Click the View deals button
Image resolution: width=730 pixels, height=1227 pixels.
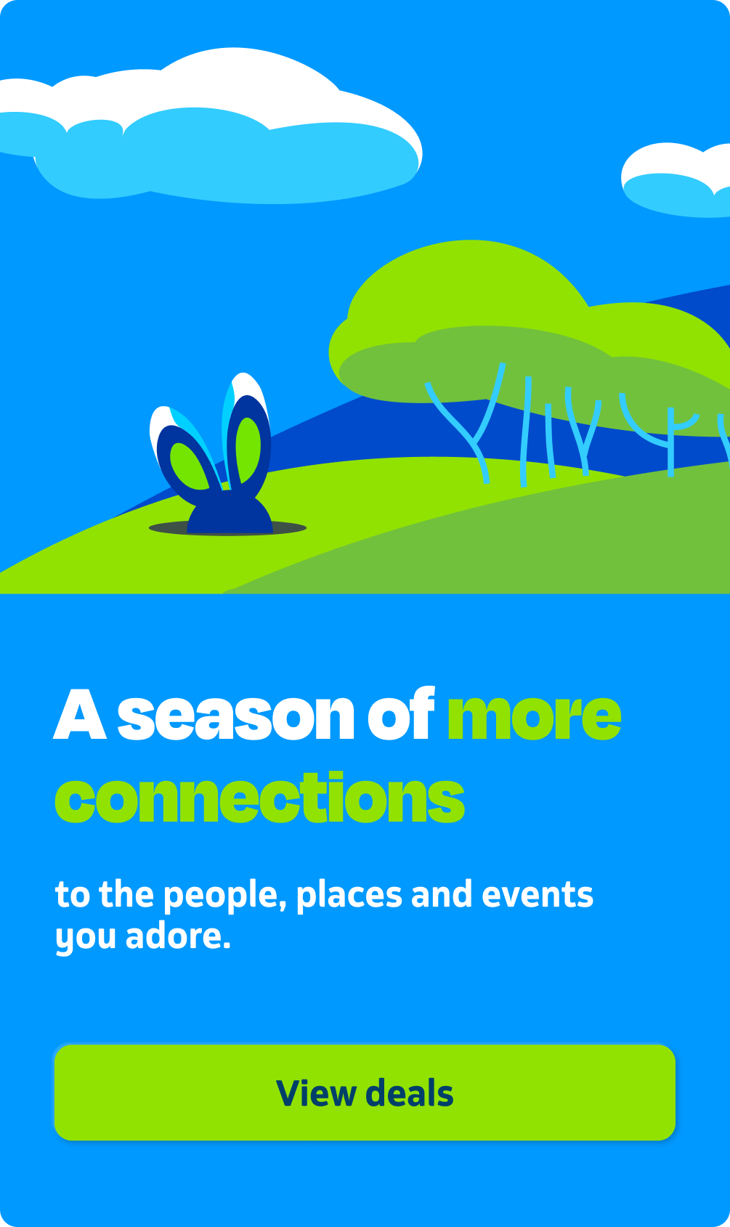pyautogui.click(x=365, y=1093)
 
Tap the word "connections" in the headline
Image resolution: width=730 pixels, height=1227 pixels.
pyautogui.click(x=259, y=797)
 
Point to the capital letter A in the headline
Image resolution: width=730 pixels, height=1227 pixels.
pyautogui.click(x=79, y=713)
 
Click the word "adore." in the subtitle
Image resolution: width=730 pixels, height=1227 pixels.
pyautogui.click(x=178, y=936)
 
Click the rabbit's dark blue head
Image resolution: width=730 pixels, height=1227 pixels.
pyautogui.click(x=230, y=512)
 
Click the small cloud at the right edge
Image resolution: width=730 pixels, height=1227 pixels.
pyautogui.click(x=677, y=181)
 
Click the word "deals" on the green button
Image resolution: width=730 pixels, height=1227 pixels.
pyautogui.click(x=410, y=1093)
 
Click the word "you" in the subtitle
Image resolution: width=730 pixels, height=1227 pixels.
pyautogui.click(x=86, y=939)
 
